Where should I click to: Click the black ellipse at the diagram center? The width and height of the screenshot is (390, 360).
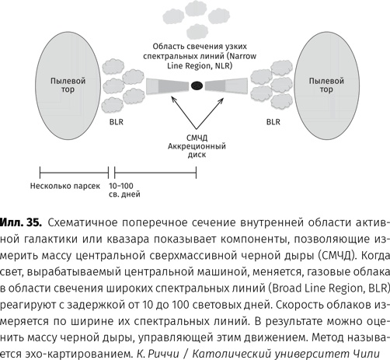pyautogui.click(x=197, y=85)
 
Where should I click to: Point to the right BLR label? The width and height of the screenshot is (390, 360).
pyautogui.click(x=273, y=121)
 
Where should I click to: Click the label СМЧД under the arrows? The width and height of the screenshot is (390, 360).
pyautogui.click(x=195, y=137)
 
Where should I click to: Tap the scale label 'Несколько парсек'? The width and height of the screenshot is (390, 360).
pyautogui.click(x=64, y=187)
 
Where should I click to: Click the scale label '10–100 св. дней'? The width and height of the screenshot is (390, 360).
pyautogui.click(x=129, y=191)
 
